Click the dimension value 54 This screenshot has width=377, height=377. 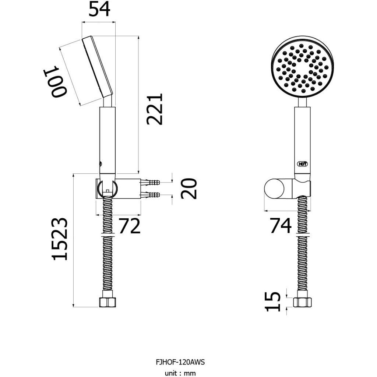coord(99,9)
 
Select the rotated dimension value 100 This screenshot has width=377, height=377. coord(54,81)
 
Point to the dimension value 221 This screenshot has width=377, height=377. coord(155,109)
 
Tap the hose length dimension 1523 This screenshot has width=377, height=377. coord(59,239)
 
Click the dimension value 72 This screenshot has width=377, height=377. coord(129,226)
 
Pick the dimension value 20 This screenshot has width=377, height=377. coord(189,188)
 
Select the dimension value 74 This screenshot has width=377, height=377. coord(281,226)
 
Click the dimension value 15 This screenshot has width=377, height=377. coord(273,302)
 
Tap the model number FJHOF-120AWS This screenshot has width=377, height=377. coord(180,362)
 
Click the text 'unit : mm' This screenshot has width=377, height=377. coord(180,373)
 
